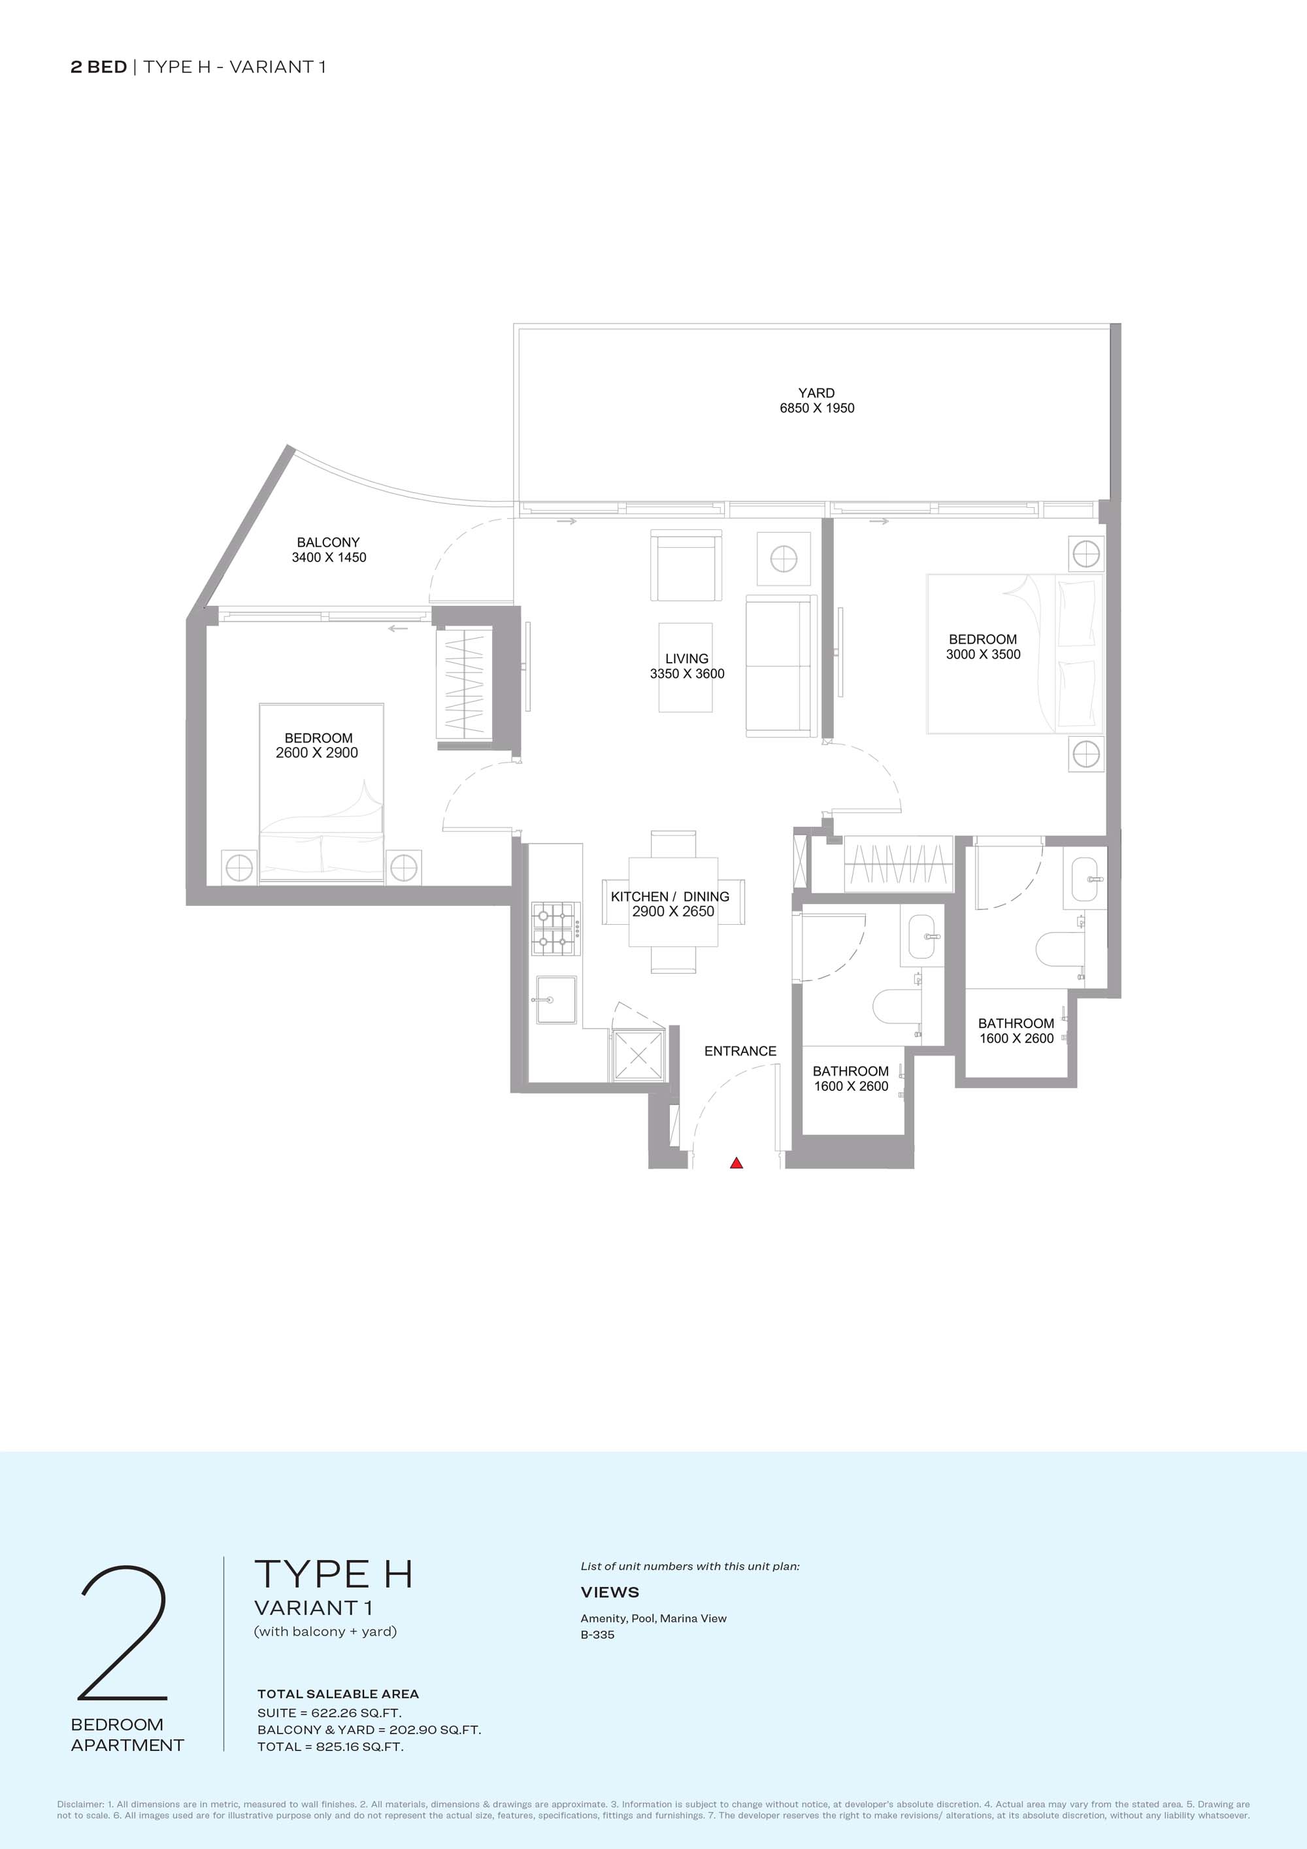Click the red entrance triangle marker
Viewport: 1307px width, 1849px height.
(x=736, y=1163)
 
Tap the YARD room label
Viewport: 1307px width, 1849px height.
(x=817, y=393)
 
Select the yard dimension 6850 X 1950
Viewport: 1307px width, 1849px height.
(x=817, y=408)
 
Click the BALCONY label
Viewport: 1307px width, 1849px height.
(x=329, y=542)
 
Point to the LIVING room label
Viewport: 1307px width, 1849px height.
(x=687, y=659)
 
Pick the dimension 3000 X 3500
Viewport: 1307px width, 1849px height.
(x=984, y=655)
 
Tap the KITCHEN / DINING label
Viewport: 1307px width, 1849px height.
(x=670, y=896)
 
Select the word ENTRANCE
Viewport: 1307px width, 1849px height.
(x=740, y=1051)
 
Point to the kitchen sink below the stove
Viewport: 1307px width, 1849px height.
(x=557, y=999)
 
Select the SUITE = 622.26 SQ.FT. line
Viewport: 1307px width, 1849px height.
(x=329, y=1713)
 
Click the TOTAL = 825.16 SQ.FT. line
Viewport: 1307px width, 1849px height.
(x=330, y=1747)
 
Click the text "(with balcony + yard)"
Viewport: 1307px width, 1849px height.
(x=325, y=1631)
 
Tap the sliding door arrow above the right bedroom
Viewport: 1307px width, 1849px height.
(x=880, y=521)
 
